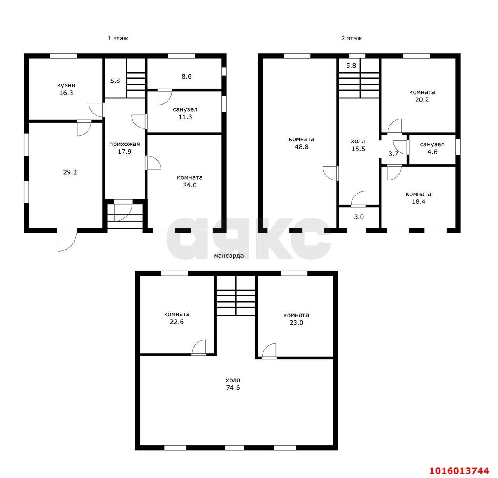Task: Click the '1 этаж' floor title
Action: coord(118,39)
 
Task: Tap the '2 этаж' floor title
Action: coord(351,39)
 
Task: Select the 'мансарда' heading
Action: coord(228,256)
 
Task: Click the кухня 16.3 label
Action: coord(66,89)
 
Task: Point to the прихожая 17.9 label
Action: coord(124,148)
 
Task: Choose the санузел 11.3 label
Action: coord(185,113)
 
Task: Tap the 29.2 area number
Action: coord(70,172)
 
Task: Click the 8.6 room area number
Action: coord(187,76)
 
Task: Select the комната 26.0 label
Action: coord(189,181)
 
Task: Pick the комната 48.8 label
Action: coord(302,143)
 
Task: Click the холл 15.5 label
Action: coord(358,145)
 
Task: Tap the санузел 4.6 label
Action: coord(432,148)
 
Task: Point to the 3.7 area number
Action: coord(393,154)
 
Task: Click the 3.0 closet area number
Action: coord(359,217)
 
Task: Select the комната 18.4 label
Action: coord(418,198)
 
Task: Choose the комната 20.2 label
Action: coord(422,96)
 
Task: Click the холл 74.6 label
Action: coord(233,384)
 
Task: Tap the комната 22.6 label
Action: coord(177,318)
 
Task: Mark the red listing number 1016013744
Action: coord(459,471)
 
